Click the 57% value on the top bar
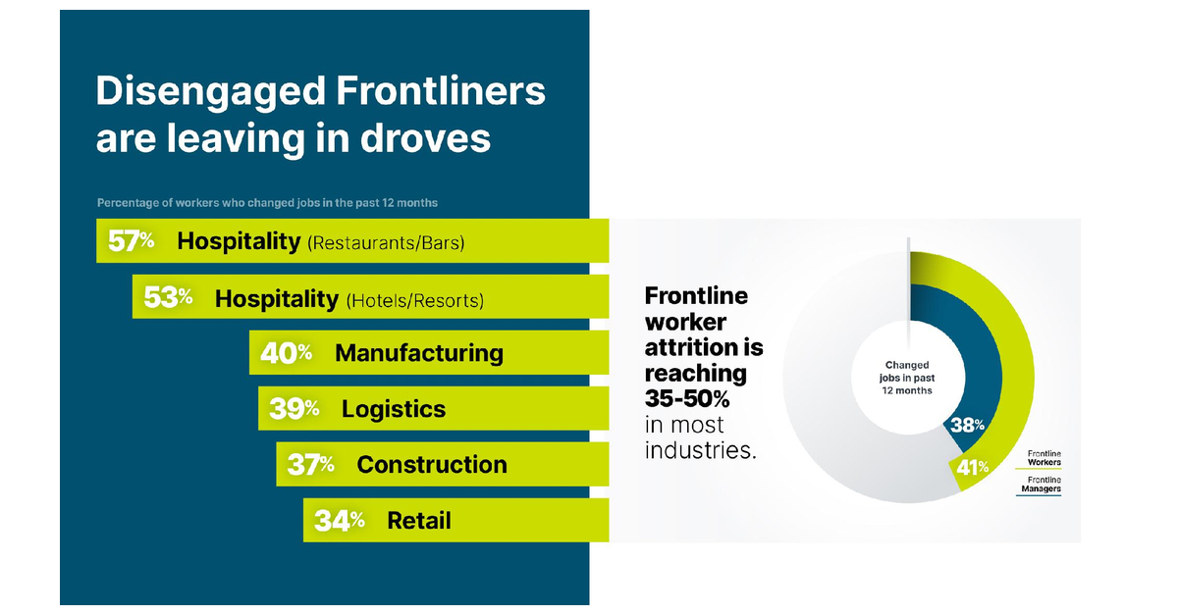point(132,241)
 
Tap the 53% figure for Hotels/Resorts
point(168,298)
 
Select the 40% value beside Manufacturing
point(286,353)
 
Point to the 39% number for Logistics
point(294,410)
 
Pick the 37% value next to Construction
point(310,465)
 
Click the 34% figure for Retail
point(339,521)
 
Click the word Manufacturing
point(419,353)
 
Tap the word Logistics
point(394,410)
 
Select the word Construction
point(432,465)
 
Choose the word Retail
point(419,521)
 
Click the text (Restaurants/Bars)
point(386,243)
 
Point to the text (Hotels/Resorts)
point(415,300)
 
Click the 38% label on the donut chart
point(968,426)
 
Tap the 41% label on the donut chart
point(972,468)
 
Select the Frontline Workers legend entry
point(1044,458)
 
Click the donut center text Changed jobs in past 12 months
point(908,378)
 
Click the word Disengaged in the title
point(210,91)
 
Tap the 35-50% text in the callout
point(687,399)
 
